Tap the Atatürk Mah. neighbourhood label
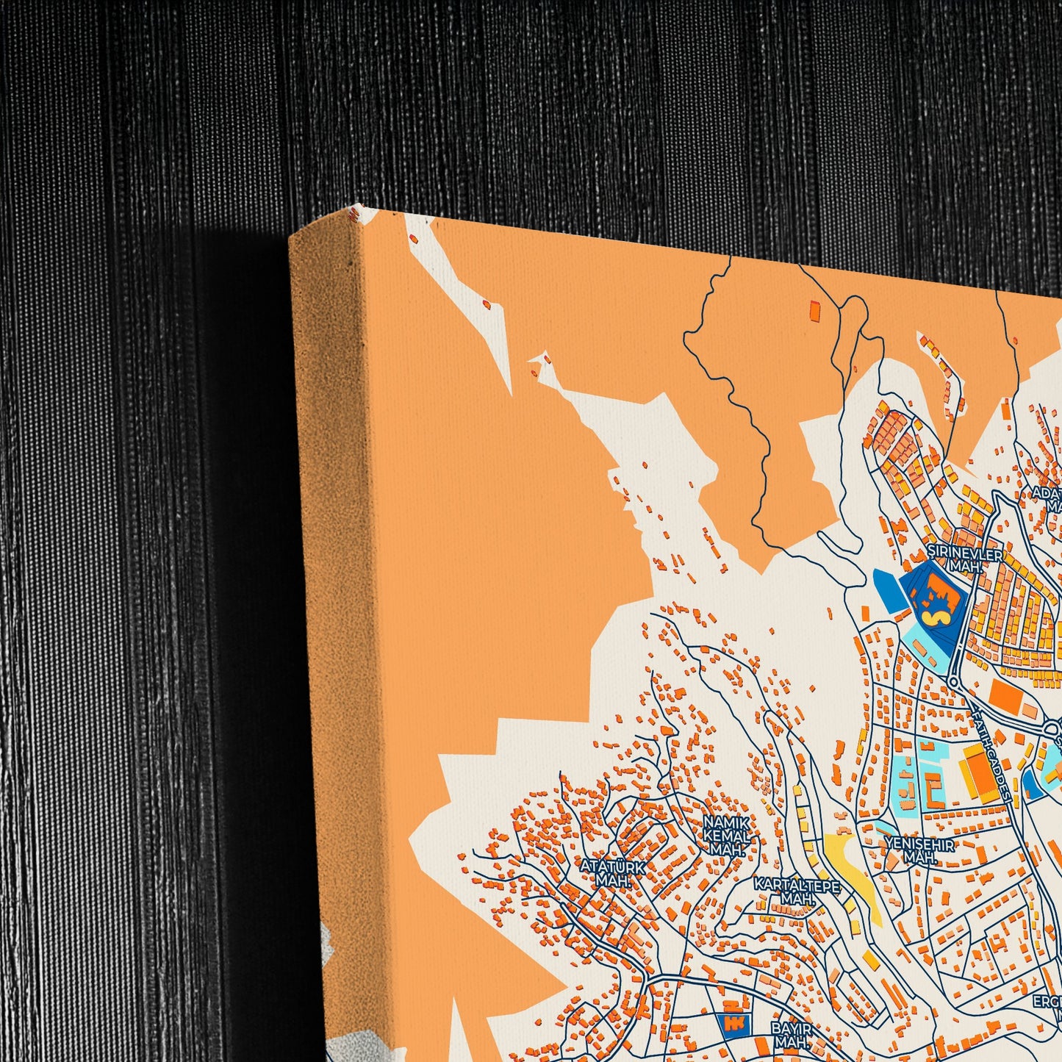click(614, 873)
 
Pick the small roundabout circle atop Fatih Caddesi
click(954, 682)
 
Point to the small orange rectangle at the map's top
click(814, 310)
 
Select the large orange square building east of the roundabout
click(1003, 696)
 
